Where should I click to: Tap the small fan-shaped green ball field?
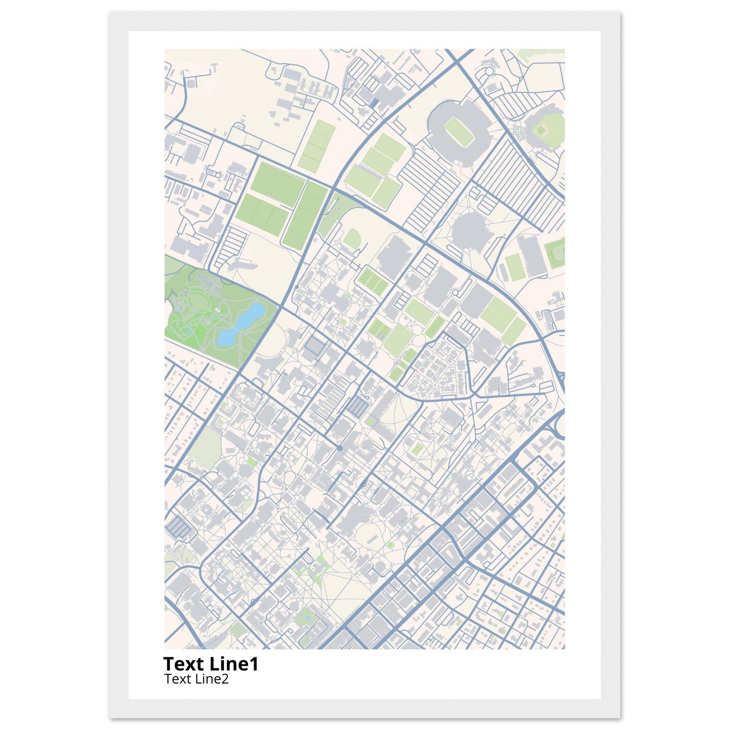pyautogui.click(x=352, y=238)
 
